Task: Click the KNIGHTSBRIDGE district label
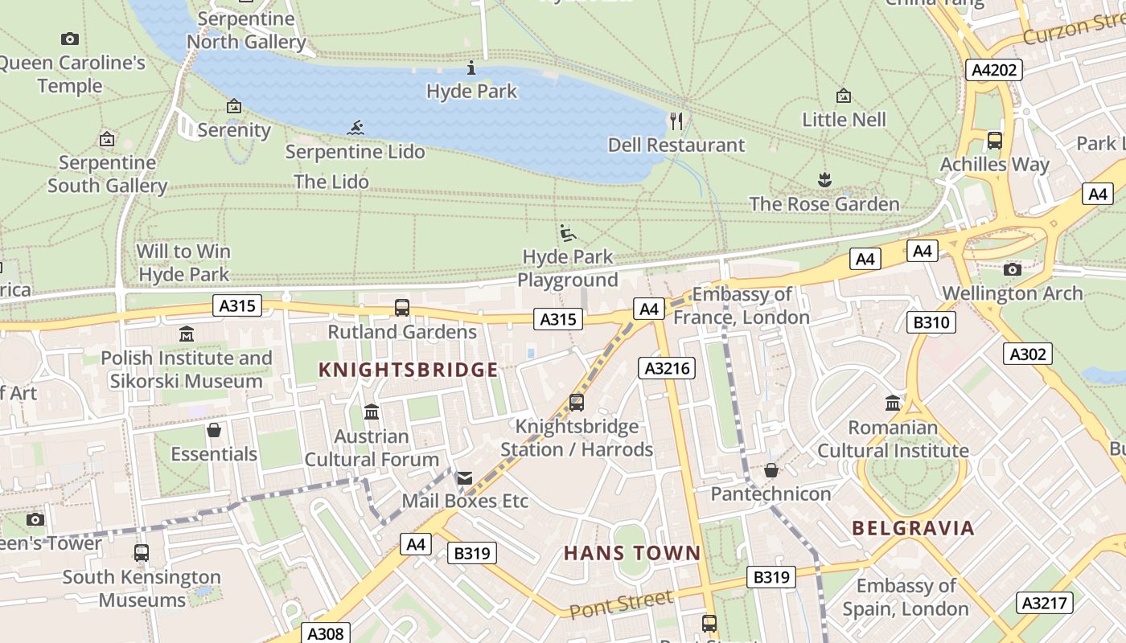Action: [x=409, y=370]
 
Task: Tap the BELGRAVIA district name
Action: [x=913, y=528]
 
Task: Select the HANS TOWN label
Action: [x=632, y=553]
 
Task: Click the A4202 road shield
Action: [x=994, y=70]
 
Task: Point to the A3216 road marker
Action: [x=667, y=368]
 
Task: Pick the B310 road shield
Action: [x=931, y=323]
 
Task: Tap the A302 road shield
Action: [x=1028, y=353]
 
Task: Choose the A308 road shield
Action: [x=326, y=633]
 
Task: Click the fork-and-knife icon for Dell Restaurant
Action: [x=676, y=121]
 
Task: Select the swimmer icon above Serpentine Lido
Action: [x=355, y=128]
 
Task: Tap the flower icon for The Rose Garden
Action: [x=824, y=179]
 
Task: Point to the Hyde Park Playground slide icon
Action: [x=568, y=233]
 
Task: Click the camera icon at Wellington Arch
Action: [x=1013, y=269]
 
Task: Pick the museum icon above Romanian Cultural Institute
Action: [x=893, y=403]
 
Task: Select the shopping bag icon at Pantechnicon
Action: [x=771, y=470]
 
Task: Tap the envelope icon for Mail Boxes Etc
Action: [x=465, y=478]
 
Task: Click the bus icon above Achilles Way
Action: [x=995, y=141]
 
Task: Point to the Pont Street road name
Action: [x=621, y=604]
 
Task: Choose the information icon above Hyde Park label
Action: [x=472, y=68]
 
